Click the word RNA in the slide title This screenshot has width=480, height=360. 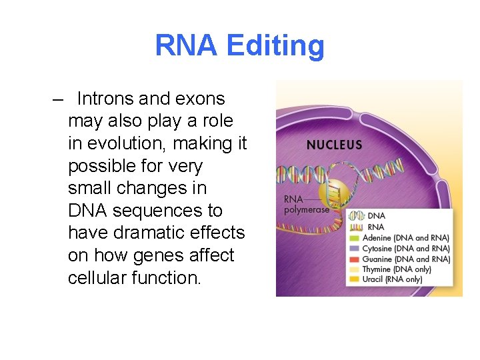[x=187, y=46]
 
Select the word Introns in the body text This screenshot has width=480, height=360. [x=105, y=99]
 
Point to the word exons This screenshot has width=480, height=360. [x=199, y=99]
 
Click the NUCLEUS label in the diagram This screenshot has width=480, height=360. [x=334, y=145]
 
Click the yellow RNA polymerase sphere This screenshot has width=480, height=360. [x=331, y=193]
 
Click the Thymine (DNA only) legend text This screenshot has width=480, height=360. [x=397, y=269]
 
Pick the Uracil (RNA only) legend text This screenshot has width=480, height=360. [x=393, y=280]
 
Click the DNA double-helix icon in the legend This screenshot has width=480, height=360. [x=356, y=216]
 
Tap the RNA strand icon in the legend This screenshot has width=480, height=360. [x=356, y=227]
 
